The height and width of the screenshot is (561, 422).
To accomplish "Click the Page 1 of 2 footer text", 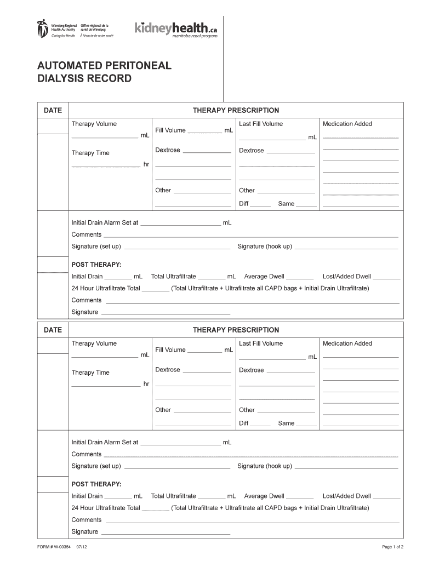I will [393, 547].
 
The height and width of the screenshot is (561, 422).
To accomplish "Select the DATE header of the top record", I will [53, 111].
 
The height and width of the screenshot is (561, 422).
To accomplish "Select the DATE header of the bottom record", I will [53, 330].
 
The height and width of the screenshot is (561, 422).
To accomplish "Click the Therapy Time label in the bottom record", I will [90, 373].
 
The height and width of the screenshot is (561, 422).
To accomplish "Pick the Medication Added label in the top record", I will [347, 124].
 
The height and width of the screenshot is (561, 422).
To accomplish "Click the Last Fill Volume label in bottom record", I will [261, 344].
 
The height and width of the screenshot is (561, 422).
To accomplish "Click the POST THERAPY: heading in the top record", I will [96, 265].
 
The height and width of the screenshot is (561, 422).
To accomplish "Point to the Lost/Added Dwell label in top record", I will [347, 277].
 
